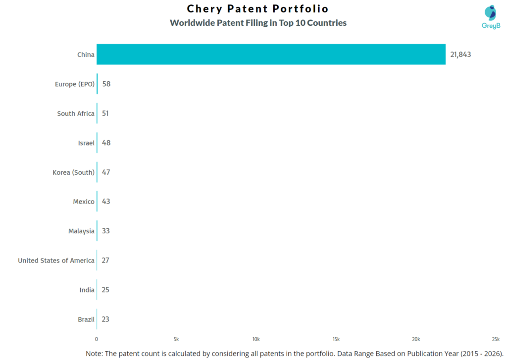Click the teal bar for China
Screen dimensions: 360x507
[271, 54]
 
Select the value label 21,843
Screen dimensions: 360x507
[460, 54]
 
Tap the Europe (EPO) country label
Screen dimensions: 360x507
[74, 84]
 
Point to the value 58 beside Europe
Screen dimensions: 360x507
[106, 84]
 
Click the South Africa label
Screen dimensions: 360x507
[75, 113]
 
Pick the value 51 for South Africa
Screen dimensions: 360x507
[106, 113]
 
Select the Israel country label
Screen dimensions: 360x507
[86, 143]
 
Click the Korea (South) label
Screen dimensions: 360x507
[73, 172]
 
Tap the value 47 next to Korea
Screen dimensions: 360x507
[106, 172]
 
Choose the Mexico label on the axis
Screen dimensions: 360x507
[83, 202]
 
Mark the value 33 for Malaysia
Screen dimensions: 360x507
[106, 231]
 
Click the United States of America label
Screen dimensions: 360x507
[56, 260]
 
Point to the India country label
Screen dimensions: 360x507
[87, 290]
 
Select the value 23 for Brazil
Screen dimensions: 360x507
[105, 319]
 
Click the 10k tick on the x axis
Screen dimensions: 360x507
[256, 339]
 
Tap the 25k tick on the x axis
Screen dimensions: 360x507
[495, 339]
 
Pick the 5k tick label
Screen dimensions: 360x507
[176, 339]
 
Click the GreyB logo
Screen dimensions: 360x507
[491, 17]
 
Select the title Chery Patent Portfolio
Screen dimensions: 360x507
[257, 9]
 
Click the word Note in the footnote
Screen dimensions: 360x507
[95, 353]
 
